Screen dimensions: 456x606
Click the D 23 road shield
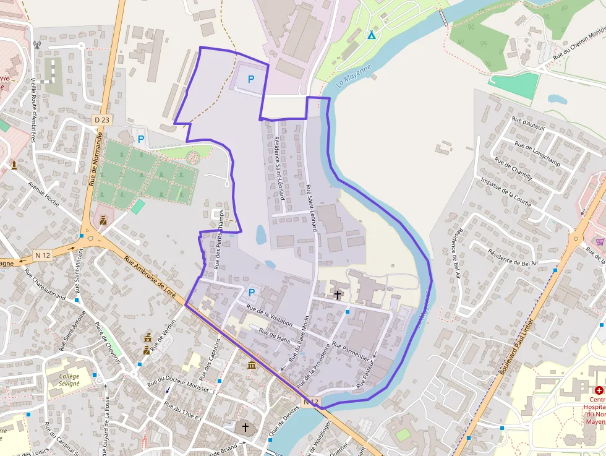pyautogui.click(x=102, y=119)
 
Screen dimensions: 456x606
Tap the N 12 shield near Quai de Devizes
pyautogui.click(x=311, y=402)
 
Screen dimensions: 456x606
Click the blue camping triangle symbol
pyautogui.click(x=371, y=35)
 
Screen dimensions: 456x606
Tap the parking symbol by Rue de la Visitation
pyautogui.click(x=252, y=292)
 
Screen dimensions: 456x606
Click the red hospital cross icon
pyautogui.click(x=599, y=390)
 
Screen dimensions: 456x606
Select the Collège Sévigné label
pyautogui.click(x=65, y=379)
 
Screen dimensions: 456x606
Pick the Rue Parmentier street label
pyautogui.click(x=352, y=350)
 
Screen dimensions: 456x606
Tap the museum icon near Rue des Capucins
pyautogui.click(x=252, y=366)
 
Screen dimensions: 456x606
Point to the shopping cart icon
pyautogui.click(x=599, y=241)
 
